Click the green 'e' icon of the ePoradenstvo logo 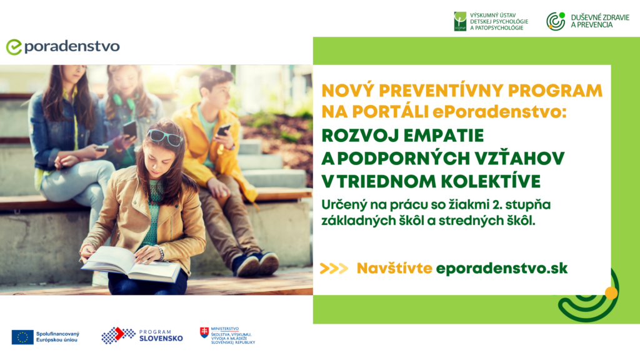coord(14,47)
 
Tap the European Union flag coord(22,337)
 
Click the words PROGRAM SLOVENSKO coord(161,336)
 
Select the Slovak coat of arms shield coord(204,332)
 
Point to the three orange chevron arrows coord(334,268)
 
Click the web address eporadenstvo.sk coord(502,268)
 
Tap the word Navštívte coord(394,268)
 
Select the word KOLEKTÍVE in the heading coord(491,181)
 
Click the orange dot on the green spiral coord(611,293)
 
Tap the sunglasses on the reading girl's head coord(165,137)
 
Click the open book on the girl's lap coord(130,264)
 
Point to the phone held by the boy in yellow coord(223,130)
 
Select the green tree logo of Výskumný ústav coord(460,21)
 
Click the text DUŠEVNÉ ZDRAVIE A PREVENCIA coord(600,21)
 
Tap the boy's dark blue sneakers coord(256,263)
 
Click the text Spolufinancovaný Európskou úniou coord(57,337)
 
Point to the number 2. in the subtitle coord(497,204)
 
